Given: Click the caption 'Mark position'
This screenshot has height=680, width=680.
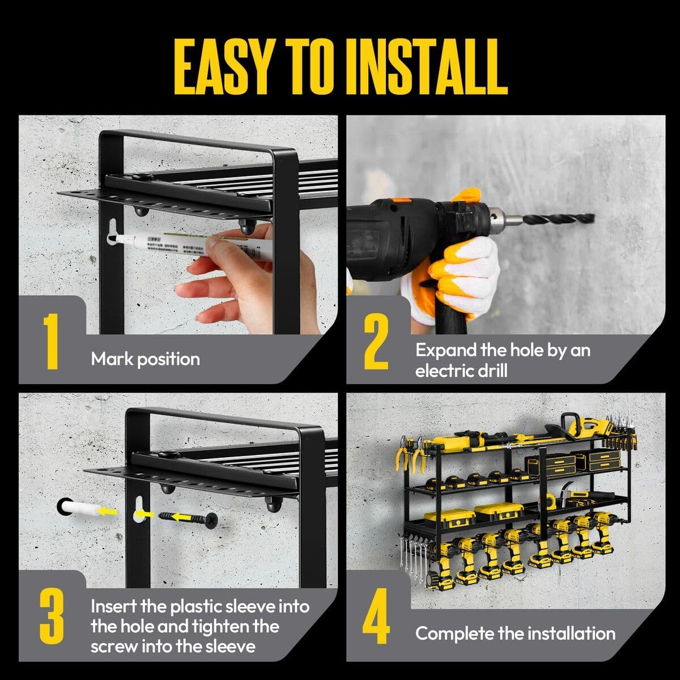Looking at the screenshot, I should [x=145, y=359].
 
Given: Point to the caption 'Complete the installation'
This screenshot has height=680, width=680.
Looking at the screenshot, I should [x=515, y=633].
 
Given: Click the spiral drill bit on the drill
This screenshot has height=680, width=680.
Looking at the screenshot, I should [x=558, y=218].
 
